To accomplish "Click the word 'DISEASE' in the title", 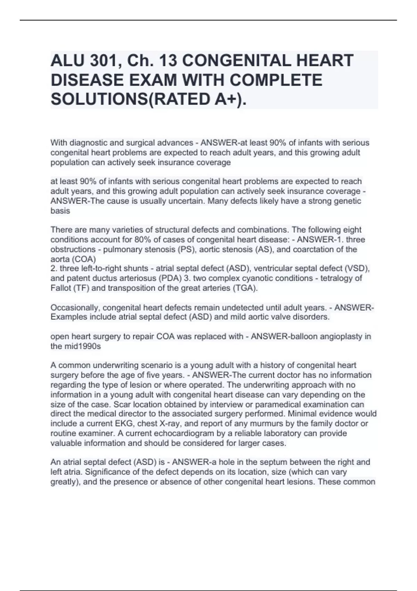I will pos(87,80).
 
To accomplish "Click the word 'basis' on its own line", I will pos(60,211).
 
